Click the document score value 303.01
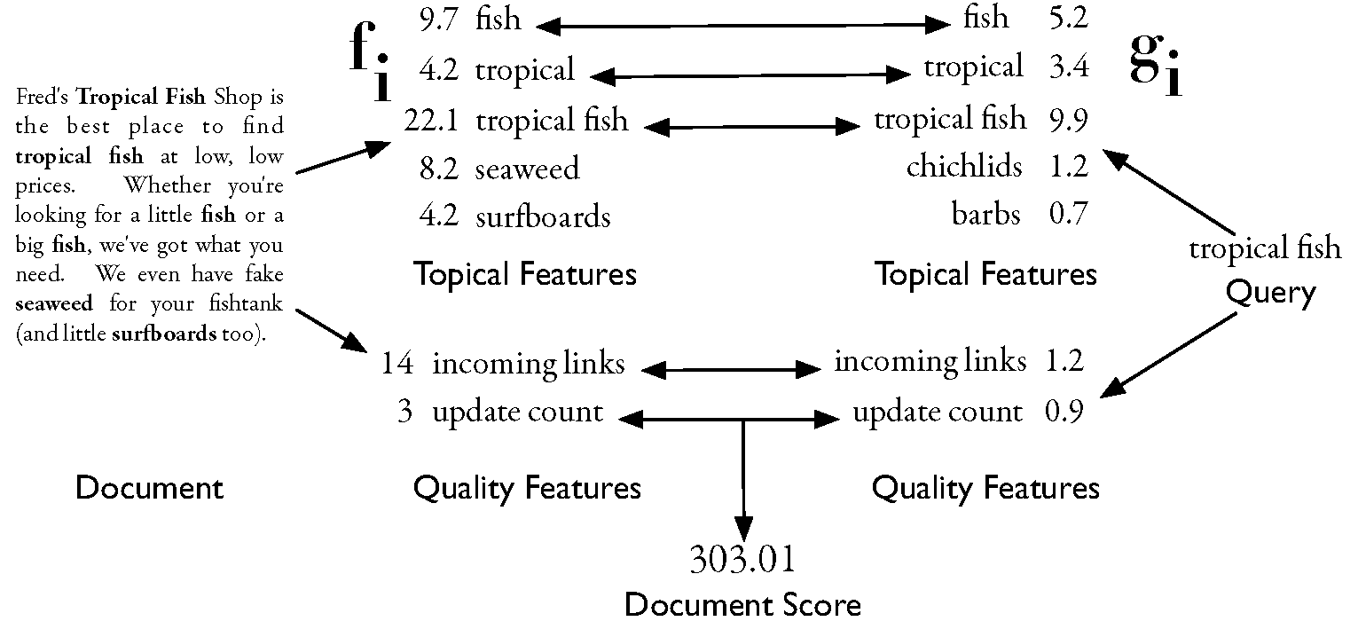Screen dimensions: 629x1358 tap(742, 560)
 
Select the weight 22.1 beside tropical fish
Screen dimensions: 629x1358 tap(429, 120)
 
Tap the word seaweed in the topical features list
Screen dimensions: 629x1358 tap(527, 169)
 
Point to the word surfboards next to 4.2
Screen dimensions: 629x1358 tap(543, 216)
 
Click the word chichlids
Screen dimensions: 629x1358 tap(963, 167)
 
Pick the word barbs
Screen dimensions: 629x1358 tap(985, 214)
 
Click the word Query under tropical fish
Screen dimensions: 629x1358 tap(1270, 292)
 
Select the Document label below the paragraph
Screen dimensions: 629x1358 tap(149, 487)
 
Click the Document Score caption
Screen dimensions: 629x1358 tap(742, 605)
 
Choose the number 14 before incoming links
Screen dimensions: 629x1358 tap(396, 364)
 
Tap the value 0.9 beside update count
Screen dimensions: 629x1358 tap(1064, 413)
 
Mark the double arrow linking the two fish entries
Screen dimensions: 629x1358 tap(743, 27)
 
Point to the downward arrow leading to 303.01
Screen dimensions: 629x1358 tap(743, 479)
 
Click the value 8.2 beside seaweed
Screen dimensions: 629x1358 tap(438, 169)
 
